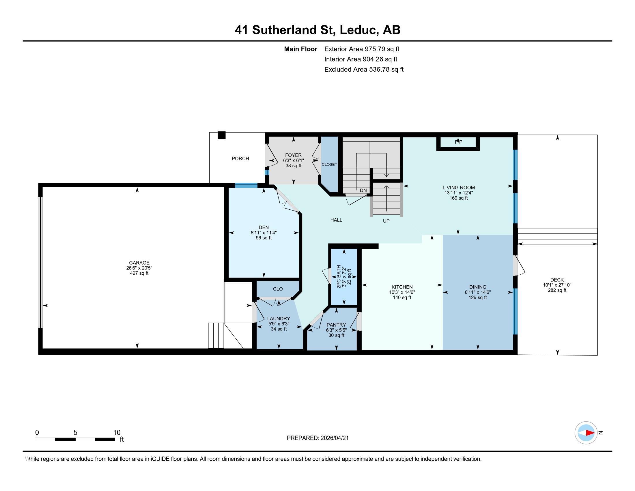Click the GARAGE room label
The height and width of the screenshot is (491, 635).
pos(139,263)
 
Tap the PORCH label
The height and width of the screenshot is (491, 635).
pos(240,159)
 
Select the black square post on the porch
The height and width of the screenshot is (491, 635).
pos(222,135)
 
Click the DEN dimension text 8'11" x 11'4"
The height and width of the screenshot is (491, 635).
pos(264,233)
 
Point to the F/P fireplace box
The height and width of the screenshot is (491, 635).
pos(458,142)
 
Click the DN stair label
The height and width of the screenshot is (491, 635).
pos(363,191)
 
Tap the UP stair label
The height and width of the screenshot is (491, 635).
pos(386,221)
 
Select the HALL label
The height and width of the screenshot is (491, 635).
pos(336,220)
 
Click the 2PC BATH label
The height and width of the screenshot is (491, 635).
pos(339,277)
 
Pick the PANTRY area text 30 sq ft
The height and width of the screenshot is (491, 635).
pos(336,335)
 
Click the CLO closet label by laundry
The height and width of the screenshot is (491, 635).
pos(278,289)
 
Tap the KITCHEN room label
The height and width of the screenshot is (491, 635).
pos(402,287)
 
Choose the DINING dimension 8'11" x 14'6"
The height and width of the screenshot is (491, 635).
pos(478,292)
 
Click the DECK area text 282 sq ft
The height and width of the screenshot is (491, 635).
pos(557,290)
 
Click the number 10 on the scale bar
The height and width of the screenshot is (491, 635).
pos(117,433)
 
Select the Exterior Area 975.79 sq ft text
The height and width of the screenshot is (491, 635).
pos(362,49)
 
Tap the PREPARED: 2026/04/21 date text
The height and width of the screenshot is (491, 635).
pos(317,438)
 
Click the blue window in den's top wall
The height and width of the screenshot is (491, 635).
pos(246,186)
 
